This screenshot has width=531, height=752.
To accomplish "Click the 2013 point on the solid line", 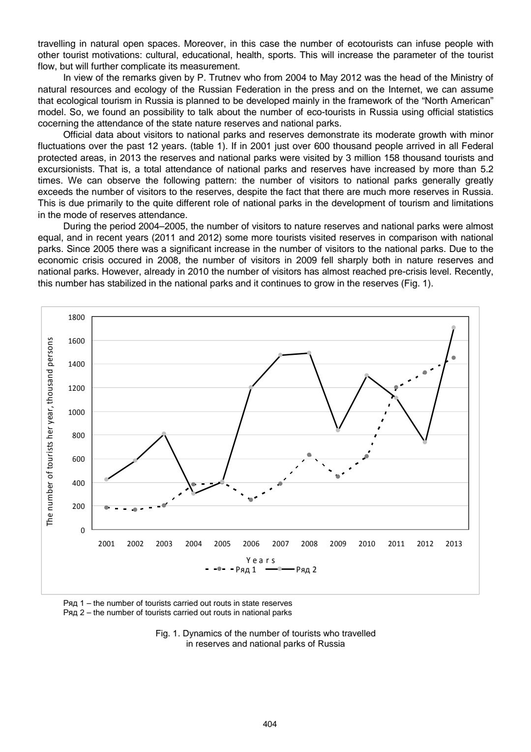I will tap(453, 327).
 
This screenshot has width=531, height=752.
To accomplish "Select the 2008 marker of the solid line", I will tap(309, 353).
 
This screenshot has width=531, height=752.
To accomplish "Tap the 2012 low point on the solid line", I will tap(425, 442).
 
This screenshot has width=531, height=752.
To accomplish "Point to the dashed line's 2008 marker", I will tap(309, 455).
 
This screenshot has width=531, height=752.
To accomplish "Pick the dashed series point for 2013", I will tap(453, 358).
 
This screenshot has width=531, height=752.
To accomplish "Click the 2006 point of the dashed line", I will tap(251, 500).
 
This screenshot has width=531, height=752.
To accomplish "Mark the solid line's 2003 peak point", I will tap(164, 434).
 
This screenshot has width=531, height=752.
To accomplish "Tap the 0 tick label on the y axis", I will tap(83, 531).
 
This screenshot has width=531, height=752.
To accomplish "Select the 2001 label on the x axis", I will tap(106, 544).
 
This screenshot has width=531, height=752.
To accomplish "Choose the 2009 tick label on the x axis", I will tap(338, 544).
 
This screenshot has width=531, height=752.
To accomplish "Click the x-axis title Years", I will tap(261, 560).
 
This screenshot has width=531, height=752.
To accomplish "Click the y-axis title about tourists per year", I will tap(50, 432).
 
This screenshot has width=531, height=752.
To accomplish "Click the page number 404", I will tap(270, 724).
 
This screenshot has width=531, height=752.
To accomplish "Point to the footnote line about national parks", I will tap(177, 613).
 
